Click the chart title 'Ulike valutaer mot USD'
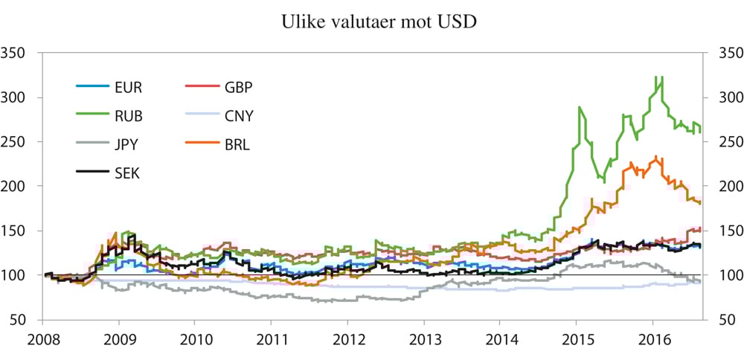[x=379, y=22]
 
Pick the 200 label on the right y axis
[x=725, y=186]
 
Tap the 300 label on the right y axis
[x=725, y=97]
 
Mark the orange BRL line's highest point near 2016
[x=655, y=156]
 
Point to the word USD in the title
[x=458, y=22]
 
